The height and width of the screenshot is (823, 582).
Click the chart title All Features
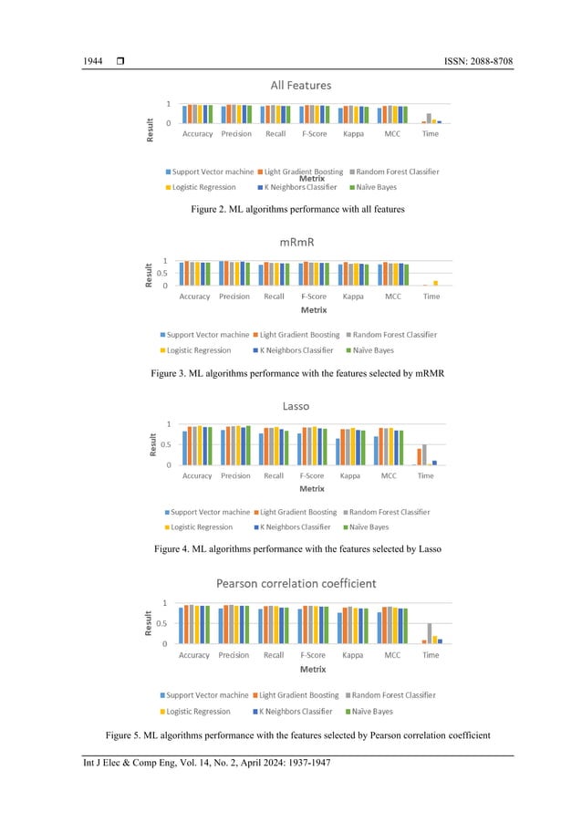click(300, 85)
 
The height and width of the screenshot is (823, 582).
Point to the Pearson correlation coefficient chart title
click(300, 583)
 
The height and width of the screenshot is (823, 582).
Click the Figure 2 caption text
click(297, 210)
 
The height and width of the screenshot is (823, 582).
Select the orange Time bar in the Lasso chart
click(419, 457)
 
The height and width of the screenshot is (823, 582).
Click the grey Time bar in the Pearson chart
click(430, 634)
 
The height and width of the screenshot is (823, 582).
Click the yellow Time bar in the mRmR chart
click(435, 284)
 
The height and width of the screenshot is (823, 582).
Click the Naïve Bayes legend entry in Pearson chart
click(369, 711)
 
